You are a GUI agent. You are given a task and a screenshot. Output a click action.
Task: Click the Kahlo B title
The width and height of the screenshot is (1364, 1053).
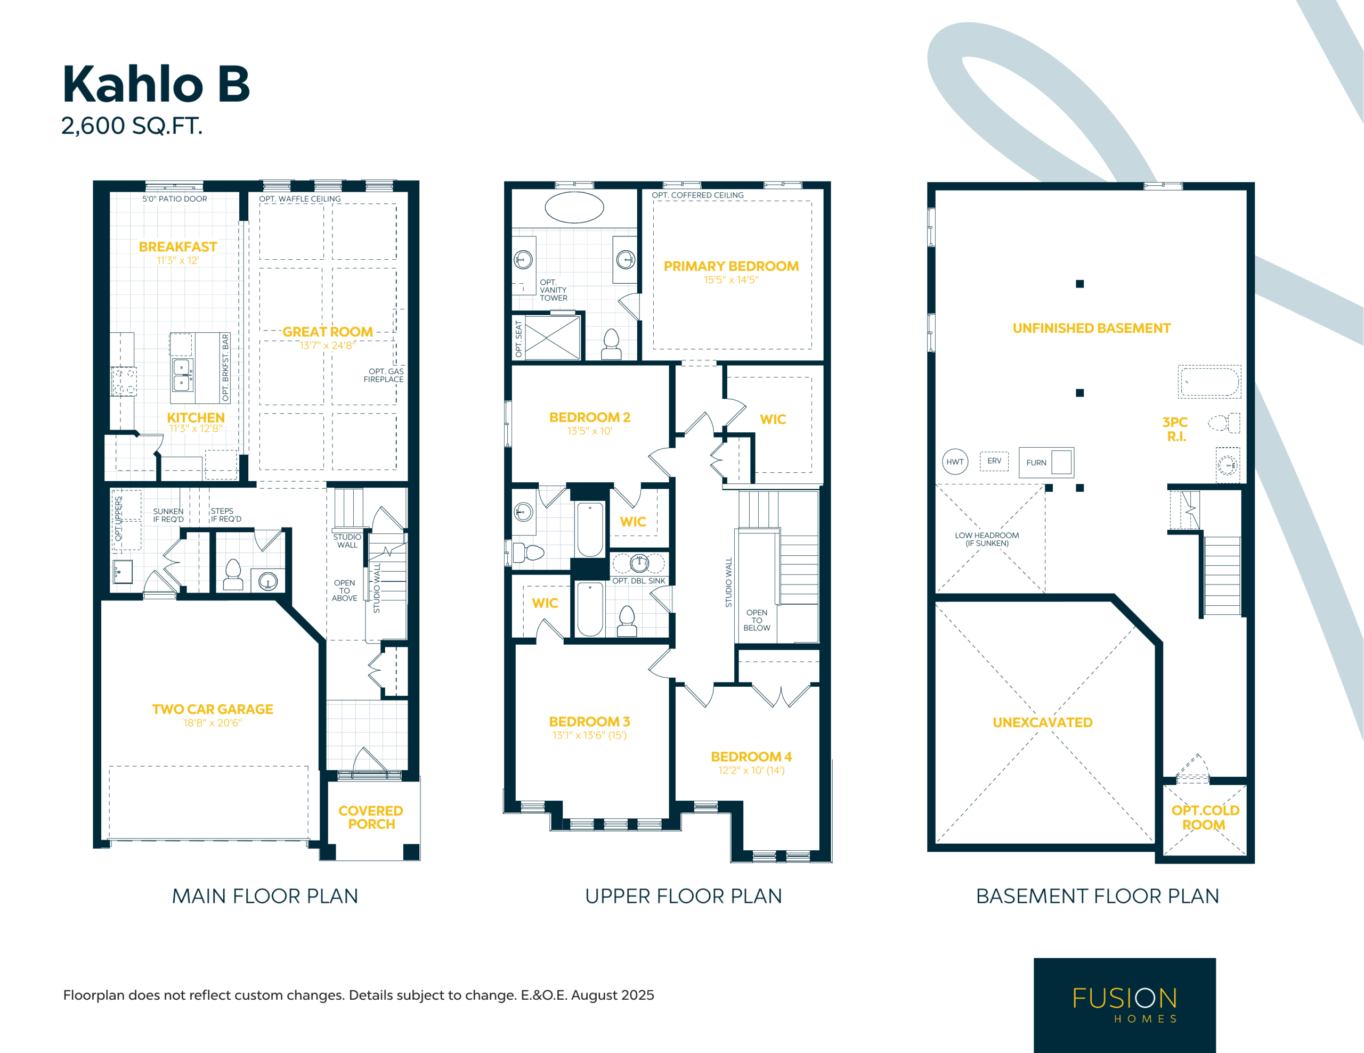156,84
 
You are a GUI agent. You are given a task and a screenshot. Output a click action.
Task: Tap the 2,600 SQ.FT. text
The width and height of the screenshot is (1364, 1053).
132,126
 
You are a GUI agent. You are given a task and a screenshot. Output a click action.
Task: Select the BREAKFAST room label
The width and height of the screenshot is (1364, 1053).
178,246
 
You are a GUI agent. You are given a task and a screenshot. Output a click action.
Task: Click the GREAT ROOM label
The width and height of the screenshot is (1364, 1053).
327,332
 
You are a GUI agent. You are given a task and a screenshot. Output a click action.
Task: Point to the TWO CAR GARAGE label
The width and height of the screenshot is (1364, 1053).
213,709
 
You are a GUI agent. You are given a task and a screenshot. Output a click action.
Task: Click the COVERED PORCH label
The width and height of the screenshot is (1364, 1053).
371,817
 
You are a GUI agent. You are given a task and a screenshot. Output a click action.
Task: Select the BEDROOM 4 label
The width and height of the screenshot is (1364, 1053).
751,756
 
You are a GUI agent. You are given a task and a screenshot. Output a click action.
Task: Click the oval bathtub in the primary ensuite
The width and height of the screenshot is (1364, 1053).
574,207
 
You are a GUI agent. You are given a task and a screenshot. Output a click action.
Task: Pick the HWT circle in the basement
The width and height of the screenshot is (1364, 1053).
955,462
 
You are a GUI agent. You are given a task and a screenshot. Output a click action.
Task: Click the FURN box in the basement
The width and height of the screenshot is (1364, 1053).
1046,463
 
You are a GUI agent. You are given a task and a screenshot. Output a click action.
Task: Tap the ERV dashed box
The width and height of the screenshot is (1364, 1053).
994,460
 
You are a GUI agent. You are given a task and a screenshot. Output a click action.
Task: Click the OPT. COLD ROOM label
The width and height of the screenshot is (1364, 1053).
1205,817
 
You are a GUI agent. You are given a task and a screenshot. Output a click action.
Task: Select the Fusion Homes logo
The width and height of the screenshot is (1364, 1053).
1125,1005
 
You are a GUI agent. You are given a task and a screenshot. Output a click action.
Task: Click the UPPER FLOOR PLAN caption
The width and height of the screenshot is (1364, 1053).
683,896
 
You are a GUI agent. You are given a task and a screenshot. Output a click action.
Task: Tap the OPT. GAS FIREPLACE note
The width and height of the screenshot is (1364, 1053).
384,375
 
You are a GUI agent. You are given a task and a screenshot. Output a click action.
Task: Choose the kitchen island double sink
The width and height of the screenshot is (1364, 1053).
182,374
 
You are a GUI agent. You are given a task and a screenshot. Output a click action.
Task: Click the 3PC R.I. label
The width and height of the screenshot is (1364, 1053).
1175,429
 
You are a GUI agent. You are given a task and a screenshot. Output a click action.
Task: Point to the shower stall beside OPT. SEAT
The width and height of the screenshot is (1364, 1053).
553,338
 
